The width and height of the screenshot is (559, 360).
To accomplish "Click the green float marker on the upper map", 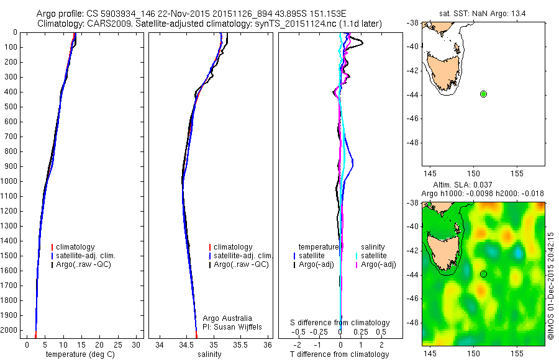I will (x=483, y=94).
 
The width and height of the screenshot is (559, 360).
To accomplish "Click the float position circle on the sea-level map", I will (x=483, y=274).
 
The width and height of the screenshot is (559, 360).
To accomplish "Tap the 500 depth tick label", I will (x=11, y=107).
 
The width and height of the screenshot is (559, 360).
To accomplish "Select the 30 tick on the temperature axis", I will (x=136, y=345).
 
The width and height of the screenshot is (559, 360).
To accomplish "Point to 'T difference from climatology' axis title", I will (x=339, y=354).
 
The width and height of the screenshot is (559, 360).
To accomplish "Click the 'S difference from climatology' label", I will (x=340, y=323).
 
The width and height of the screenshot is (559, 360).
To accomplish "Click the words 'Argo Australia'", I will (x=227, y=318).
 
